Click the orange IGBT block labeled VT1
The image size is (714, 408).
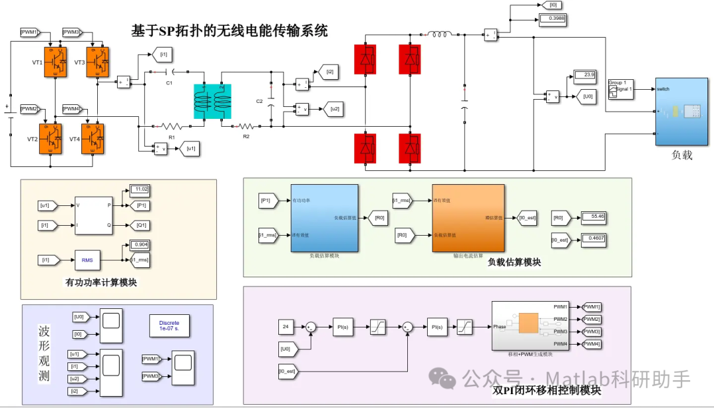[x=55, y=62]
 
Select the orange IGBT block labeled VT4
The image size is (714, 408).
[x=92, y=139]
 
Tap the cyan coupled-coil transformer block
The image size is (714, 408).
[x=213, y=102]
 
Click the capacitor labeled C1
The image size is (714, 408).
[x=169, y=71]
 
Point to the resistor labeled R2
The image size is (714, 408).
[x=246, y=125]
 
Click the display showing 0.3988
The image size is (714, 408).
[x=552, y=18]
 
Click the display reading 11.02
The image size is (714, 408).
[x=139, y=189]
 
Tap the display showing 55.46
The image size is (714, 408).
[x=592, y=217]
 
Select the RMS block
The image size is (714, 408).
[x=87, y=260]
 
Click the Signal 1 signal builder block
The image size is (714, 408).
[x=620, y=89]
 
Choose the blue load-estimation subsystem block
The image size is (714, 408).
[x=325, y=218]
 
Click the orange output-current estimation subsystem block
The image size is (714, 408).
[x=467, y=218]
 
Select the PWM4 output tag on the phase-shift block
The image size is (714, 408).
[x=591, y=344]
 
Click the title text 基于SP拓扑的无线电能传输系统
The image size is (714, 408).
[x=229, y=30]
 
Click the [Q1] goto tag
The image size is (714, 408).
[x=141, y=224]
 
